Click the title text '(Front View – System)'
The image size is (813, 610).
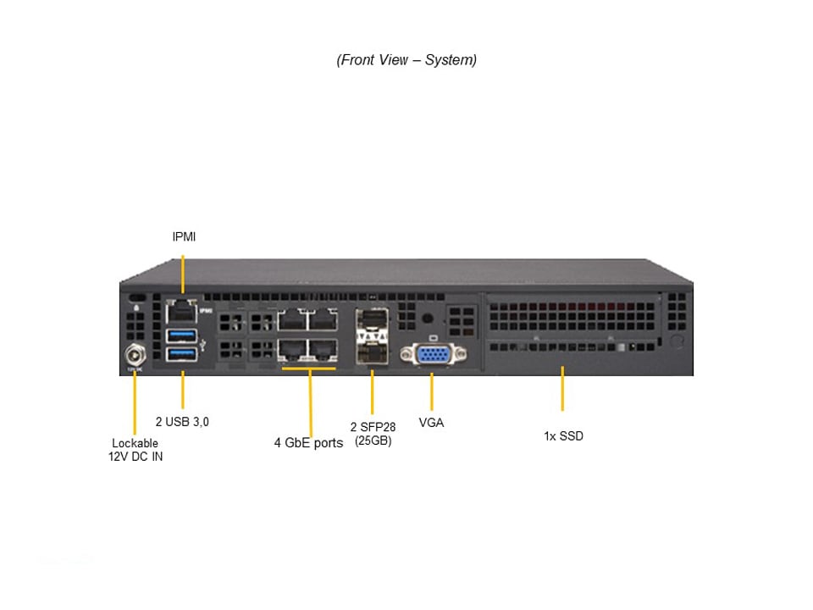[x=406, y=60]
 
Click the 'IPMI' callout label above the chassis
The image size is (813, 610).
[x=184, y=236]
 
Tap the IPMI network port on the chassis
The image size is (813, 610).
[x=182, y=310]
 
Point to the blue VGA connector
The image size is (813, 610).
[x=432, y=356]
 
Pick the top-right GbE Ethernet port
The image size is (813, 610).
[x=323, y=319]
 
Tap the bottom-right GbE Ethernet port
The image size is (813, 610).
[x=323, y=350]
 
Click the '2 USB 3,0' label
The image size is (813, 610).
[x=182, y=421]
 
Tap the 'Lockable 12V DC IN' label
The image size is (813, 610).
[x=135, y=450]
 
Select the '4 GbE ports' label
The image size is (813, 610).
[x=308, y=442]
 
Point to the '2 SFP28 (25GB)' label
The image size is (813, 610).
[x=373, y=434]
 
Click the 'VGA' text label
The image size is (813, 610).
[x=431, y=422]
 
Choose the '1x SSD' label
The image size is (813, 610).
[x=563, y=436]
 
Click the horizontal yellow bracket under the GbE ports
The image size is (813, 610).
[x=309, y=369]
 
